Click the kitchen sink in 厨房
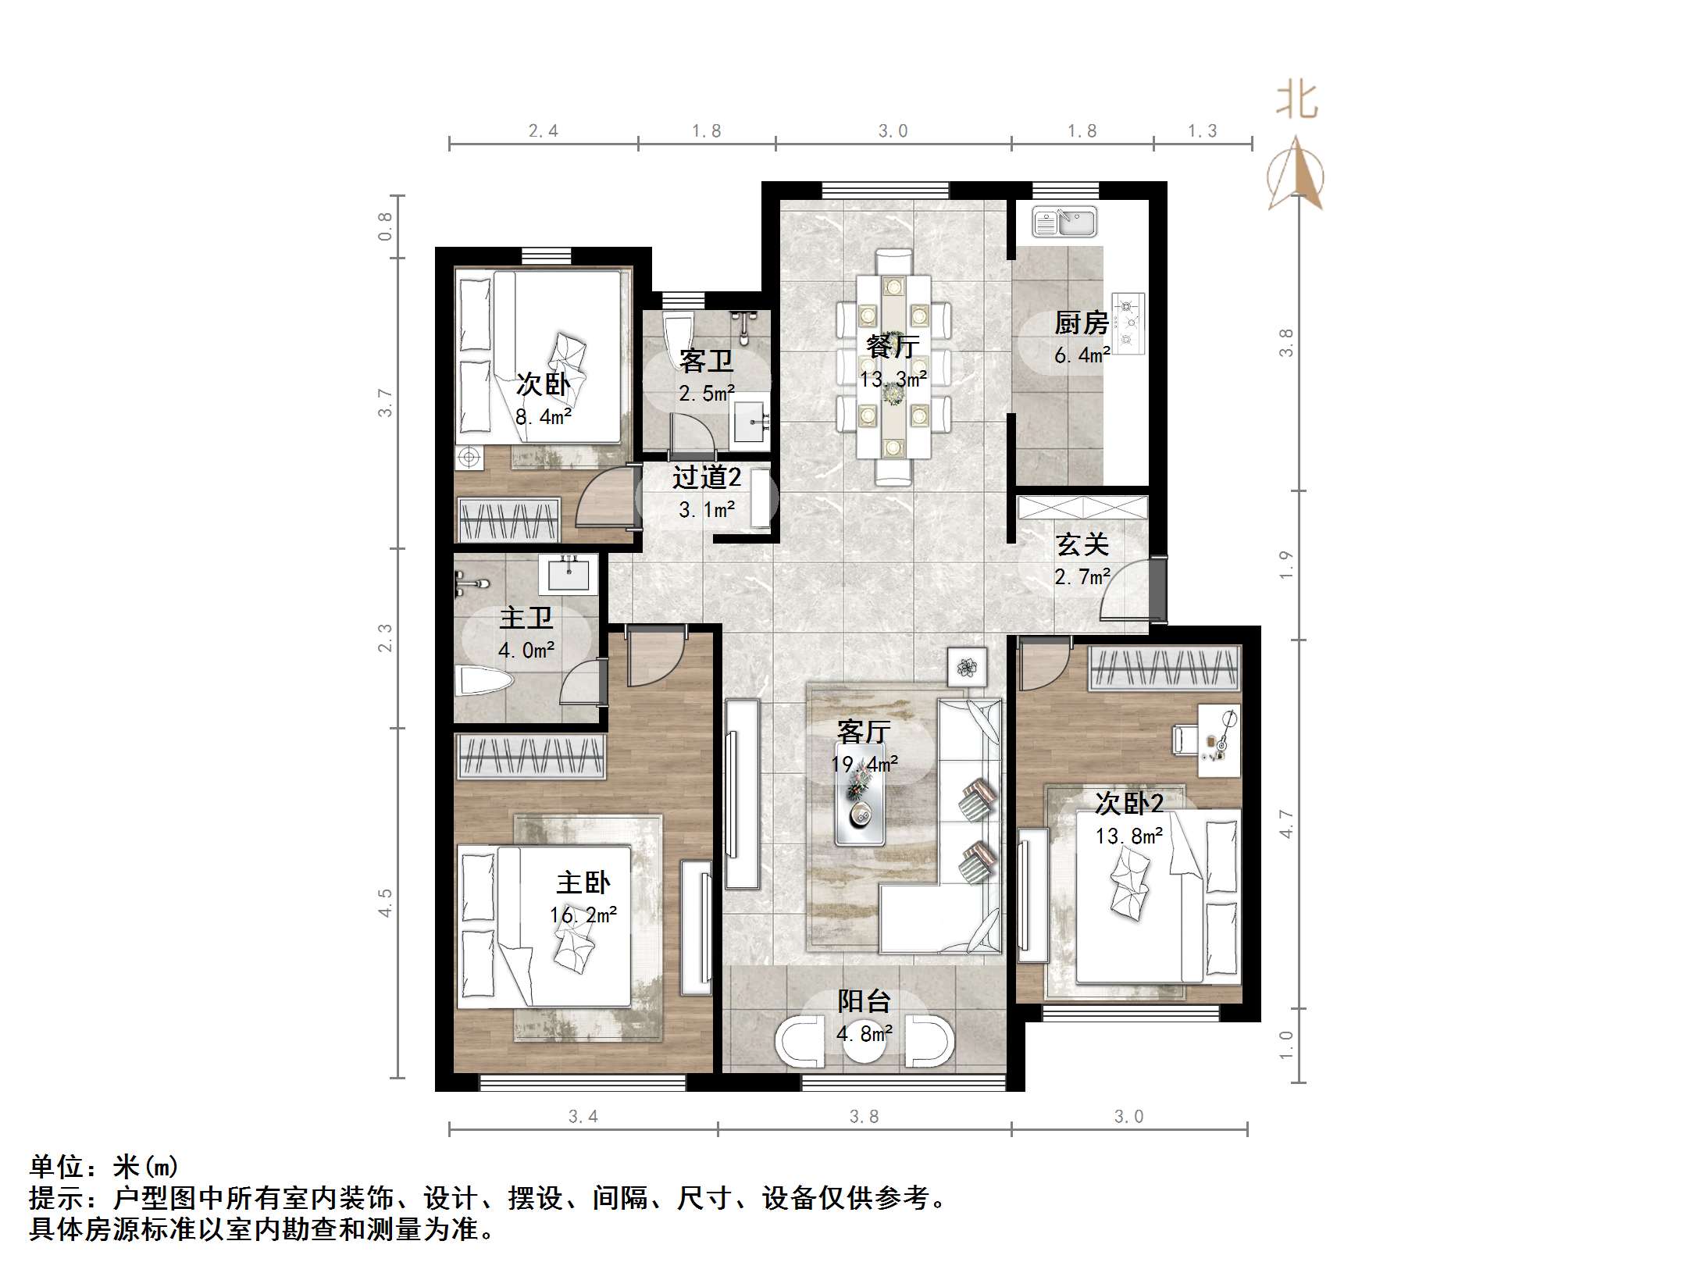point(1064,222)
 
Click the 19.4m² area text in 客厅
point(864,764)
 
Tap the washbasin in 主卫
point(568,575)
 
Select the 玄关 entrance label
point(1082,545)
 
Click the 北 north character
point(1297,101)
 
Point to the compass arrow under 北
point(1296,176)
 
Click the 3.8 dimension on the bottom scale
point(864,1117)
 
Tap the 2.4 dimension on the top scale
point(543,131)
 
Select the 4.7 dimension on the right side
point(1286,824)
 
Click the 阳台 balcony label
point(864,1001)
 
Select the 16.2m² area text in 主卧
point(583,915)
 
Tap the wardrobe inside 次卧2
point(1164,669)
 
